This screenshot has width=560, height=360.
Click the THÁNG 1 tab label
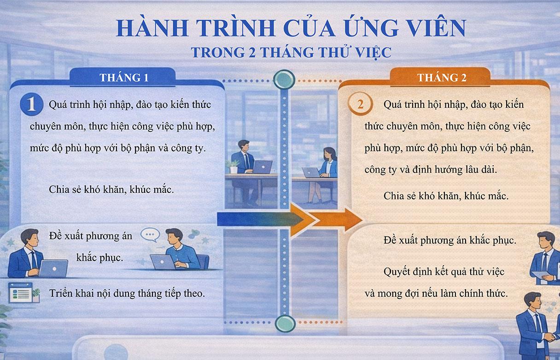click(x=124, y=77)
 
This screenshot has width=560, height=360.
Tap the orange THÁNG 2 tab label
click(x=442, y=77)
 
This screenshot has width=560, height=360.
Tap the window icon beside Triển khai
click(x=21, y=293)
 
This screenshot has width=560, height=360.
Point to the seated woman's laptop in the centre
click(x=311, y=173)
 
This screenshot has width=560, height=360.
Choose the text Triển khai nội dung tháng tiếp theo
click(x=127, y=293)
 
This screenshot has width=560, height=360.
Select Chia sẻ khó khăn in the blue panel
click(x=111, y=190)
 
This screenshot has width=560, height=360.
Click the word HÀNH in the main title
click(x=146, y=29)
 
